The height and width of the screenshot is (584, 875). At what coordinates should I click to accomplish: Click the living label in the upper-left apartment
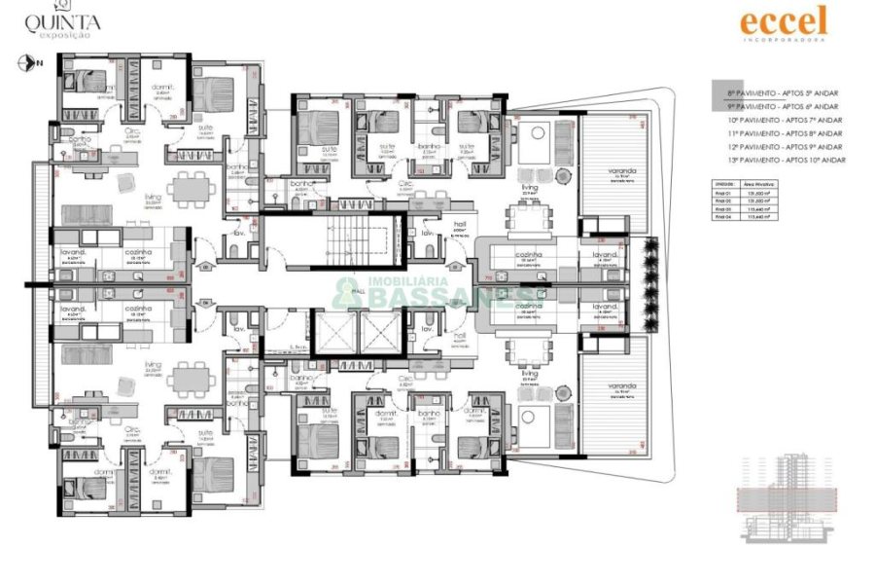click(153, 197)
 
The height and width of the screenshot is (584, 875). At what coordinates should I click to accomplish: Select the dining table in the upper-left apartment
click(188, 187)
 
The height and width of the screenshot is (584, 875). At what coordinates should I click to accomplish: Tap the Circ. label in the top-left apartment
click(135, 134)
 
